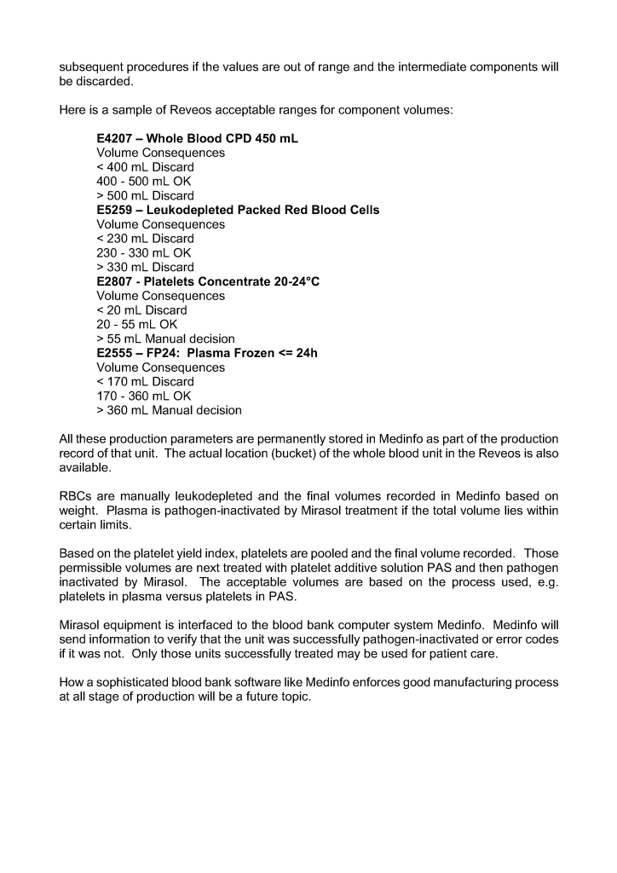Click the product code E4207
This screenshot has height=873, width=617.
[x=116, y=138]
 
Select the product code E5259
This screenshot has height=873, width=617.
[x=116, y=210]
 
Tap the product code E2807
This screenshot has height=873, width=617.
[x=116, y=281]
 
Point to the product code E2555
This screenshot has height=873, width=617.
[x=116, y=353]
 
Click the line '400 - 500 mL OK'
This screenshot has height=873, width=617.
[x=144, y=182]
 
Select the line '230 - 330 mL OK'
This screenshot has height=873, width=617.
[x=144, y=253]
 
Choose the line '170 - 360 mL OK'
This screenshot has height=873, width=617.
[x=144, y=396]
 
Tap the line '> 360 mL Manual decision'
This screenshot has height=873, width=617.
[x=169, y=411]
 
